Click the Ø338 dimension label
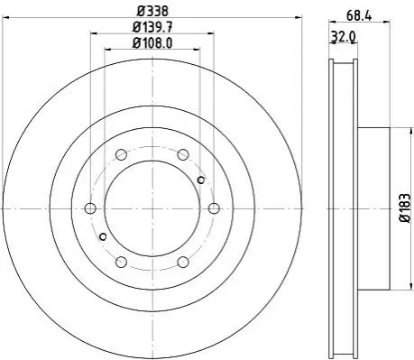(152, 11)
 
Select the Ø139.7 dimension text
(152, 28)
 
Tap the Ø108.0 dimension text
(152, 43)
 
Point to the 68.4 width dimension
(359, 15)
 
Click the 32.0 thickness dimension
(344, 37)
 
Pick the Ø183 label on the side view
(405, 208)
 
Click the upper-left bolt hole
(121, 155)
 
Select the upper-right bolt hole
(183, 155)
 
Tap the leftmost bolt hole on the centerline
(90, 208)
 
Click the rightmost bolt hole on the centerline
(214, 208)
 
